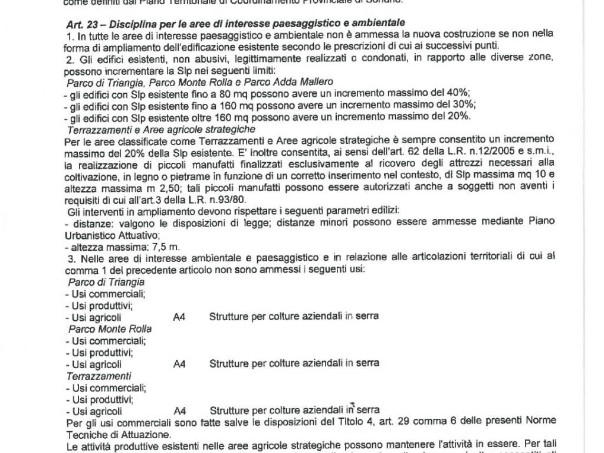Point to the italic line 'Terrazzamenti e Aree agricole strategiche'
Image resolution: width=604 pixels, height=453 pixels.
point(161,129)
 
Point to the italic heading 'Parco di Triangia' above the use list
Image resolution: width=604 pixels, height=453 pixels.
point(106,281)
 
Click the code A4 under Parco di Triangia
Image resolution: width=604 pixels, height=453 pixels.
point(179,317)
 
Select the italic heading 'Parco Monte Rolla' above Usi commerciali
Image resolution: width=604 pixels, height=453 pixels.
point(110,329)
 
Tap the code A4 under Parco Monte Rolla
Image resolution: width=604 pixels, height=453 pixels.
point(179,364)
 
